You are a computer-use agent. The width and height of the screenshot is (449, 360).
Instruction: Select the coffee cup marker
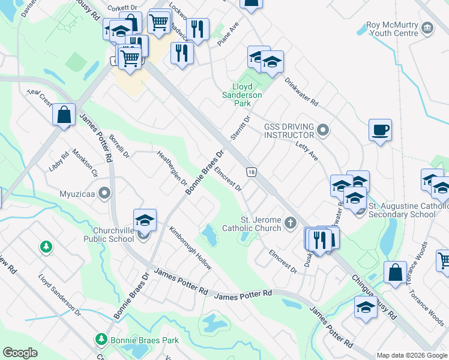point(381,130)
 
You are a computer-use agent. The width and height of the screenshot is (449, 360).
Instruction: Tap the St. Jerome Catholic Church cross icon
point(291,223)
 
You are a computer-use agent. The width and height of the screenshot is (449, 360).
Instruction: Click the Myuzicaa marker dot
point(106,194)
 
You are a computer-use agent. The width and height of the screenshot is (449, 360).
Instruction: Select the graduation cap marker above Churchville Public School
point(145,221)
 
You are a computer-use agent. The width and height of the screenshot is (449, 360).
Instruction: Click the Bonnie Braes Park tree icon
point(101,340)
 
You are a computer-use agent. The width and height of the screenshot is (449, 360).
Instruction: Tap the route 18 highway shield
point(251,172)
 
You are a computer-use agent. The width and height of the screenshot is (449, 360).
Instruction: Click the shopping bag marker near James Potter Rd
point(64,115)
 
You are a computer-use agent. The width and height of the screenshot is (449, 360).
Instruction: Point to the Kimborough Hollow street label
point(190,248)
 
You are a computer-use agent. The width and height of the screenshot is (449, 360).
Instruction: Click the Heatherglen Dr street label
point(172,168)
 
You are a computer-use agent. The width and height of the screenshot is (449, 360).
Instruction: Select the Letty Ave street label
point(306,151)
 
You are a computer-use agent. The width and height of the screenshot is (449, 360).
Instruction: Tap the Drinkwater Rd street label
point(301,92)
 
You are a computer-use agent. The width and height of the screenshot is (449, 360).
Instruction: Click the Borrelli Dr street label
point(119,146)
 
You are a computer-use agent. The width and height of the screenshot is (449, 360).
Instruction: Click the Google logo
point(20,353)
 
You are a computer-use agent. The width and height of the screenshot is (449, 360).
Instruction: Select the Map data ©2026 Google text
point(412,355)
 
